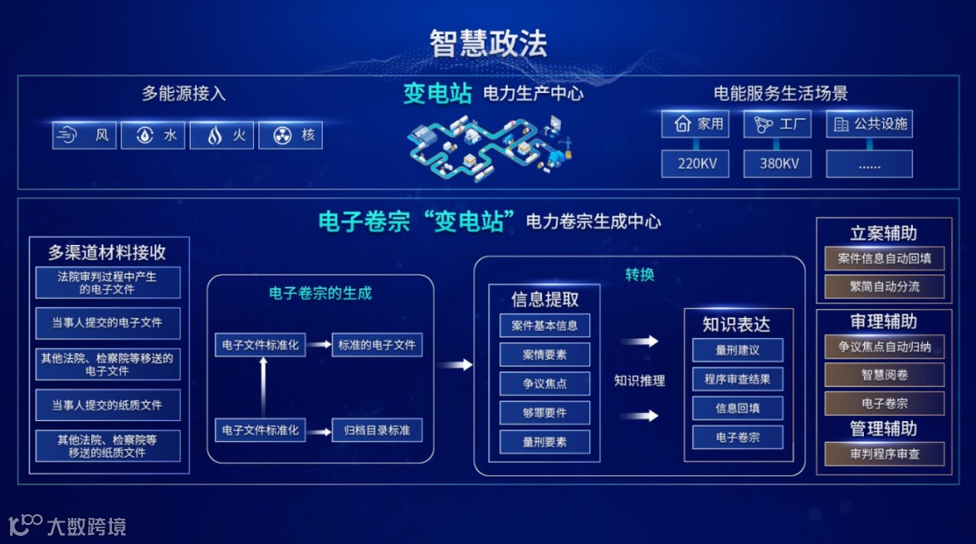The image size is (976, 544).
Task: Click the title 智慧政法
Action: (x=488, y=43)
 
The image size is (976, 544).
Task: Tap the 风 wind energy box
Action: (x=84, y=136)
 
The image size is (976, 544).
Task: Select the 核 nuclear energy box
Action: (x=290, y=136)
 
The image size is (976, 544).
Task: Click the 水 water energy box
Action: (x=153, y=136)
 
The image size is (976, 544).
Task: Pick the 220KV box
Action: (x=695, y=164)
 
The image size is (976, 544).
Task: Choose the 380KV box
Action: (x=777, y=164)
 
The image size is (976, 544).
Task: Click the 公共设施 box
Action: (x=869, y=124)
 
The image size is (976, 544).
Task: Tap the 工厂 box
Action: (x=777, y=124)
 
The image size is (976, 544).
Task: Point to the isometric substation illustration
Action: (x=489, y=145)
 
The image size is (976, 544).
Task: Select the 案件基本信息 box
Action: (x=544, y=325)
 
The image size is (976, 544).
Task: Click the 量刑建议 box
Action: (x=737, y=350)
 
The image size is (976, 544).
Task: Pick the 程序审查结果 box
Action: (x=737, y=380)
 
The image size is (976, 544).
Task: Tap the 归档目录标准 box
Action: (x=377, y=430)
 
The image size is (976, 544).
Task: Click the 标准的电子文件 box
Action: (x=377, y=344)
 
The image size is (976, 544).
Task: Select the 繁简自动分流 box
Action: (x=884, y=287)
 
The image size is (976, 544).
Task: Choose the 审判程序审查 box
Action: (x=884, y=454)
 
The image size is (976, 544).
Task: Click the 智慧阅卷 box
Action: (x=884, y=375)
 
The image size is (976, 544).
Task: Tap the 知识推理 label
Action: (x=639, y=380)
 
